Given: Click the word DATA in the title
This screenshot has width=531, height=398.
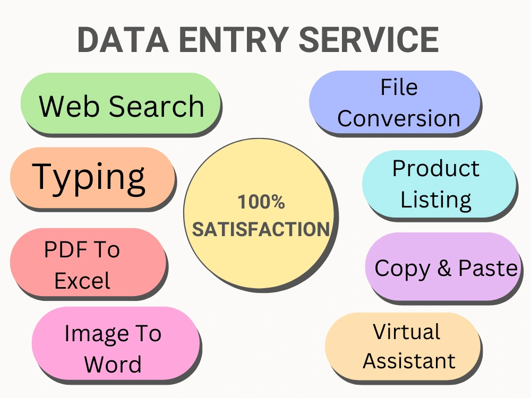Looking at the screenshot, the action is point(123,40).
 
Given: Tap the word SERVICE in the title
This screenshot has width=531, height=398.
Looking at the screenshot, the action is point(369,40).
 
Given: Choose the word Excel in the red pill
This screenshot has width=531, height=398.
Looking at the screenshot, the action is point(82,281).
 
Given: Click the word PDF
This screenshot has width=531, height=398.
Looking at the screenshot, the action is point(66,250).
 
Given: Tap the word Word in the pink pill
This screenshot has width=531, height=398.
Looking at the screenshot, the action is point(113,364).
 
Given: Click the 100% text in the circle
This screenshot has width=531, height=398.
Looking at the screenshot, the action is point(261,202).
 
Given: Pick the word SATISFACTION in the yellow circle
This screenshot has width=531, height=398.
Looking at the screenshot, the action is point(261,229).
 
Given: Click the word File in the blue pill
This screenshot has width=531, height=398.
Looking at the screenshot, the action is point(399,88).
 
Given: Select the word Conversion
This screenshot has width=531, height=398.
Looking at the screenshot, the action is point(399,118).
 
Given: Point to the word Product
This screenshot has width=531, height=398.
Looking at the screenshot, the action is point(436,168).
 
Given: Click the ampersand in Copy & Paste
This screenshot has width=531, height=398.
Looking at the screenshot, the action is point(444,268).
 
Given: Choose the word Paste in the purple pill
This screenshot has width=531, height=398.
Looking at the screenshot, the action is point(487,268).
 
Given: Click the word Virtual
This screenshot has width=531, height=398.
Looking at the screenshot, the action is point(406,331).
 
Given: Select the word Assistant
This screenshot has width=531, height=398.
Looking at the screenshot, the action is point(409,361).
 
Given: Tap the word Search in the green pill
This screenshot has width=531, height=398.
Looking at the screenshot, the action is point(157,106).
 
